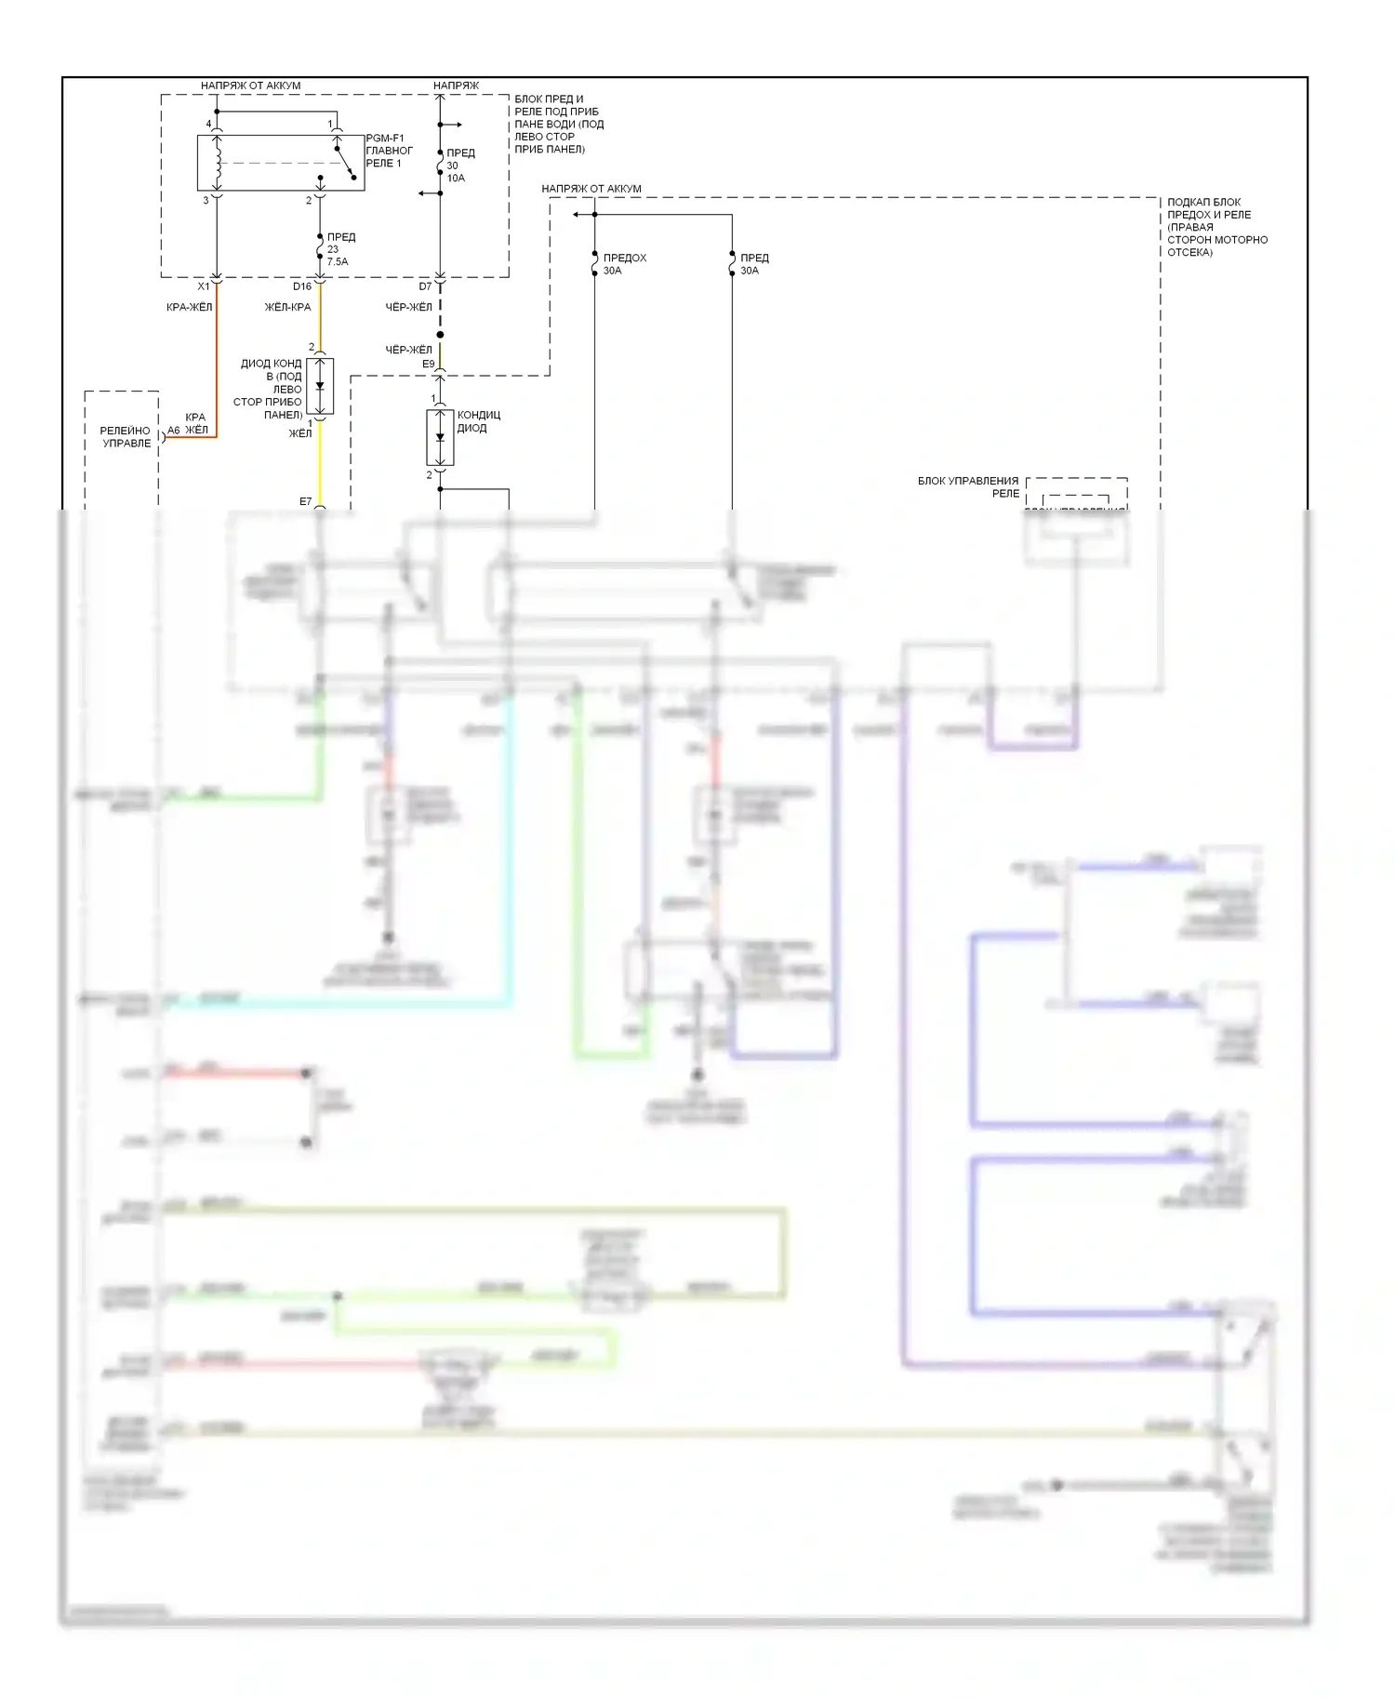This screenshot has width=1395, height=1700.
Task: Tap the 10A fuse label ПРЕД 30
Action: point(459,165)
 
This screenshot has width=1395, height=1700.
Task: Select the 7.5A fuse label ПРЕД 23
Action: point(339,249)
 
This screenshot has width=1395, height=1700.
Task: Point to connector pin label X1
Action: point(204,286)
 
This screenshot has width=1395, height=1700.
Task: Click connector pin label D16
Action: point(301,286)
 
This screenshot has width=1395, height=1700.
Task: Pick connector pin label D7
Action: point(425,286)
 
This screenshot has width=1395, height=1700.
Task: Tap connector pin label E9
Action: point(428,364)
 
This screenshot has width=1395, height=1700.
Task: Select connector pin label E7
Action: point(305,502)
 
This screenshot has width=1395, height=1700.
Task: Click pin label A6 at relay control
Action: point(173,431)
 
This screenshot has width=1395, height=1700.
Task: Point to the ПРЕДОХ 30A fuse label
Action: point(624,264)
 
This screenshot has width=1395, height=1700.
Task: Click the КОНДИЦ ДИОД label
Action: point(478,421)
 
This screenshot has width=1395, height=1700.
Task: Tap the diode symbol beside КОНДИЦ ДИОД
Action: point(440,437)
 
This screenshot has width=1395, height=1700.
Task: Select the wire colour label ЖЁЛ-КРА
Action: point(287,307)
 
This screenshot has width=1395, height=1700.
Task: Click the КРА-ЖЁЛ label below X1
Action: point(189,307)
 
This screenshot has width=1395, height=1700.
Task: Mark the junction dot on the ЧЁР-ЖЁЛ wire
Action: point(440,335)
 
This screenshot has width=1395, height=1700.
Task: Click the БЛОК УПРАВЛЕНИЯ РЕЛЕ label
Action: point(967,486)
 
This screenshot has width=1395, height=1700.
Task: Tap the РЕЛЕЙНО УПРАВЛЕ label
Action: point(126,437)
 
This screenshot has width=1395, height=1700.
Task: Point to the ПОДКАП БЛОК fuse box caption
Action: point(1216,227)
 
